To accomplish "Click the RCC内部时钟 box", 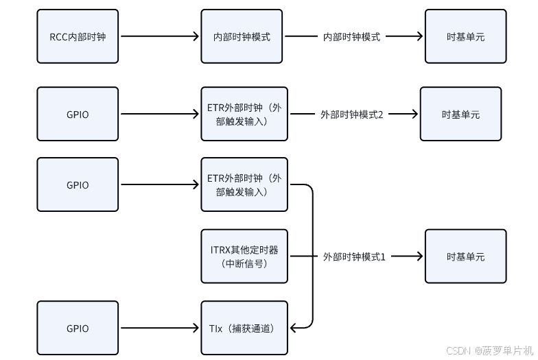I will [78, 36].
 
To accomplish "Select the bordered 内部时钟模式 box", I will [242, 36].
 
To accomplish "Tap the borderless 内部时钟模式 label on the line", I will [351, 37].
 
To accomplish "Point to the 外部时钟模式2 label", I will [351, 115].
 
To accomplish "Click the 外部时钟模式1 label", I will [354, 256].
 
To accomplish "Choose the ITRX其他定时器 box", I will [244, 256].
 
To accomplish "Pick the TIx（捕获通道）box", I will [244, 328].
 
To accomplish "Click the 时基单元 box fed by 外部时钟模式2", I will [460, 115].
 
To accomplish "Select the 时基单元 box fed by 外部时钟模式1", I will [465, 256].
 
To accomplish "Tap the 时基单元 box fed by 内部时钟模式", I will [465, 36].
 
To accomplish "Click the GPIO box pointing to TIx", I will [78, 328].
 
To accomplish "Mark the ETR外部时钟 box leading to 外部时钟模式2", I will [244, 115].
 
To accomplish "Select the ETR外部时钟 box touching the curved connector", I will [244, 184].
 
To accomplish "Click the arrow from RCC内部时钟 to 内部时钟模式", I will [159, 37].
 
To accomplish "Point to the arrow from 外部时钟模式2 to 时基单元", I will [403, 115].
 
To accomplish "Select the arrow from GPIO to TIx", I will [159, 328].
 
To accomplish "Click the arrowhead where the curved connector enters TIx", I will [293, 328].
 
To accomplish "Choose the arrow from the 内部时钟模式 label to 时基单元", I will [406, 37].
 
